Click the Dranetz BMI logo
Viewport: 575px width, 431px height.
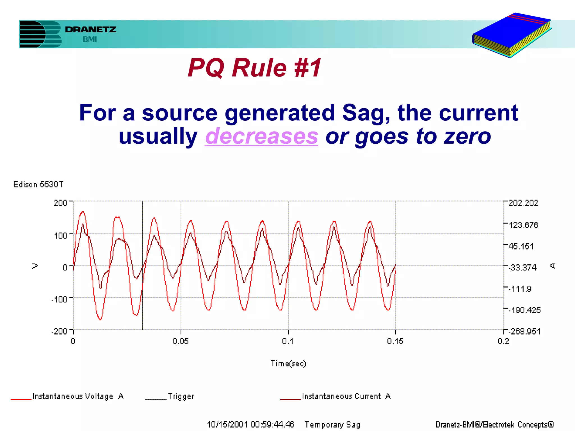tap(67, 34)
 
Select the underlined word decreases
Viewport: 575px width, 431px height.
tap(261, 136)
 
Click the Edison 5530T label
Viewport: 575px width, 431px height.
tap(38, 184)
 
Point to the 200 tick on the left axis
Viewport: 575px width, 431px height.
tap(60, 203)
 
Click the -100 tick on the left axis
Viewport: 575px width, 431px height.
tap(59, 299)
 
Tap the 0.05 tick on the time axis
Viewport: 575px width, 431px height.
tap(181, 341)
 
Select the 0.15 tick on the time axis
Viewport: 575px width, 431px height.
tap(395, 341)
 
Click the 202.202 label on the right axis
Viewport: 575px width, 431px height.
tap(523, 203)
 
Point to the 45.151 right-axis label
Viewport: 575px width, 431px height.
tap(521, 246)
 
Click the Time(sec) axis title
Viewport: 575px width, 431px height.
tap(288, 363)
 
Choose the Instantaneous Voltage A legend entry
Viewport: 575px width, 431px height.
tap(77, 396)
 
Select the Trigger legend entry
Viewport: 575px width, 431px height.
tap(181, 396)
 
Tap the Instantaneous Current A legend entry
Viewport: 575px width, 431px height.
tap(346, 396)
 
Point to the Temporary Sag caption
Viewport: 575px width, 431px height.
tap(332, 424)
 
